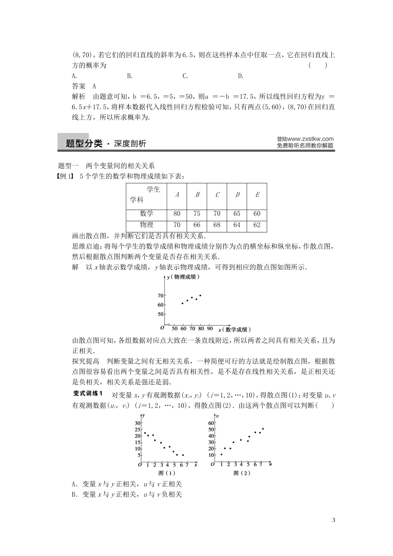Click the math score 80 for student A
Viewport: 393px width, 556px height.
pyautogui.click(x=177, y=214)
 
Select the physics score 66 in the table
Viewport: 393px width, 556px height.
pyautogui.click(x=196, y=225)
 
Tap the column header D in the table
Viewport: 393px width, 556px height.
pyautogui.click(x=237, y=194)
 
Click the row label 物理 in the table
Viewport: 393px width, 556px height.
pyautogui.click(x=146, y=225)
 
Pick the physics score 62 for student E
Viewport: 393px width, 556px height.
pyautogui.click(x=257, y=225)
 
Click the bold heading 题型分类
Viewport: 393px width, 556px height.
pyautogui.click(x=84, y=144)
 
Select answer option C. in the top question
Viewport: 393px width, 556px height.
pyautogui.click(x=185, y=76)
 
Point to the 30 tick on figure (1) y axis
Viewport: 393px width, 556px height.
pyautogui.click(x=138, y=423)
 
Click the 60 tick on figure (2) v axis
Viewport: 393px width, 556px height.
pyautogui.click(x=211, y=423)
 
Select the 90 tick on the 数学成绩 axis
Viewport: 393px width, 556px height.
pyautogui.click(x=210, y=328)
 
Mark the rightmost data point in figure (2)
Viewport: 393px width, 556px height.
pyautogui.click(x=263, y=429)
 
